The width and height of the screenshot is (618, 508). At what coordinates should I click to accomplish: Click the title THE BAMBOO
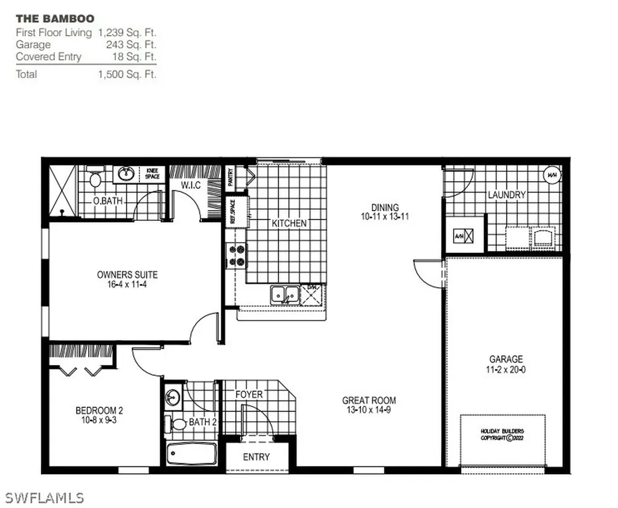click(x=55, y=19)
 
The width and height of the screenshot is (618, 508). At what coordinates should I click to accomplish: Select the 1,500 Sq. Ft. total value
click(x=127, y=74)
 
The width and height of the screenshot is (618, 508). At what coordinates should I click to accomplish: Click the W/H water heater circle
click(x=552, y=176)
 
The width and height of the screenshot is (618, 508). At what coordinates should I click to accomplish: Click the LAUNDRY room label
click(x=506, y=195)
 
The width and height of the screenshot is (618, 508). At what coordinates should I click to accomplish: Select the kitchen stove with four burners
click(x=236, y=255)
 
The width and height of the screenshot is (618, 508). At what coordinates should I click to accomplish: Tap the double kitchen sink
click(x=285, y=295)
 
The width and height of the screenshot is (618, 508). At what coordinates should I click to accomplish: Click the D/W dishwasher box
click(x=313, y=294)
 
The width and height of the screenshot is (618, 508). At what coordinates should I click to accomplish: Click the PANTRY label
click(x=231, y=177)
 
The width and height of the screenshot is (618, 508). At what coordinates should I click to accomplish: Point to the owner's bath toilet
click(x=95, y=178)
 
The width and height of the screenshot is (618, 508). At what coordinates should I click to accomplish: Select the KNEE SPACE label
click(x=153, y=174)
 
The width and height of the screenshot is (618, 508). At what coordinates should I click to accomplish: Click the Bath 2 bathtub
click(x=191, y=453)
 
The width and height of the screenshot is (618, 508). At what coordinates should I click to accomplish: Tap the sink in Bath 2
click(x=173, y=398)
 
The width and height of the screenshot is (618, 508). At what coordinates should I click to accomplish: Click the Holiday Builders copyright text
click(x=502, y=434)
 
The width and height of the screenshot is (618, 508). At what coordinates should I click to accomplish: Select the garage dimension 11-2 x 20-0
click(x=506, y=370)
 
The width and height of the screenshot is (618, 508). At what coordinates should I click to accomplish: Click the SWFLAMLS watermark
click(x=45, y=498)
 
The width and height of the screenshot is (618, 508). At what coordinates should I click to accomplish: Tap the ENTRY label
click(x=256, y=457)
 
